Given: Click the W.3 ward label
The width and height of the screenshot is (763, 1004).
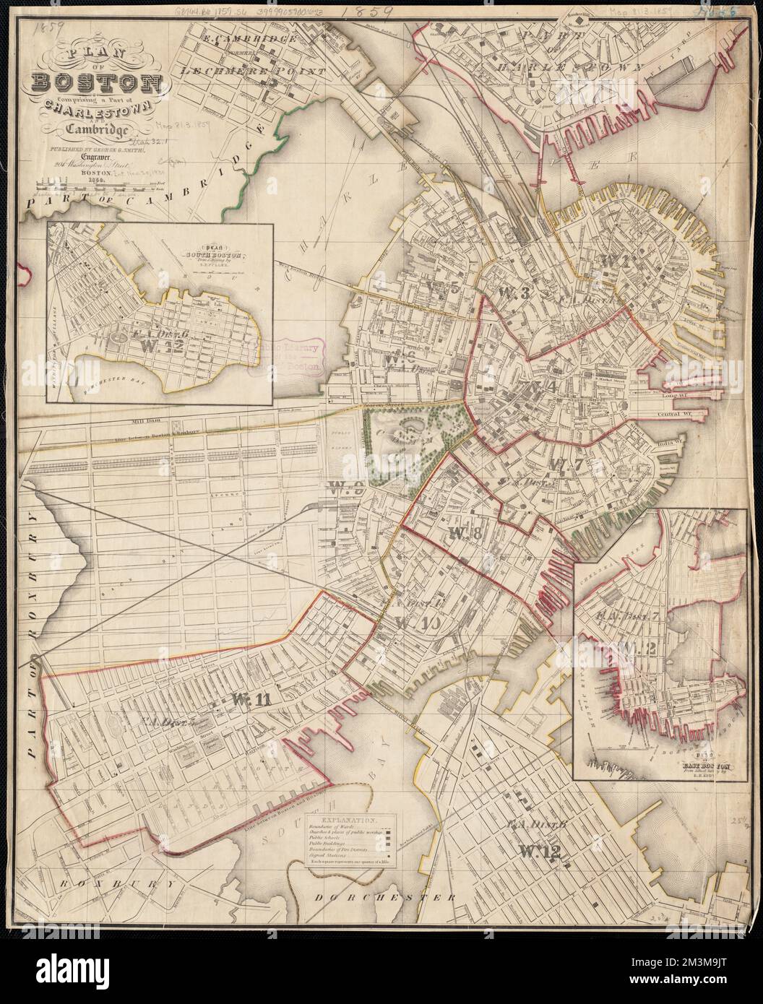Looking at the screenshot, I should (x=514, y=291).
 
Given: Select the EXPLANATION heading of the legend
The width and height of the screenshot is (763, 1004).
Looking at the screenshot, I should (x=349, y=821).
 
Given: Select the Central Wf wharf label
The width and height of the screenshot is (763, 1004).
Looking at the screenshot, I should (x=678, y=414).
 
